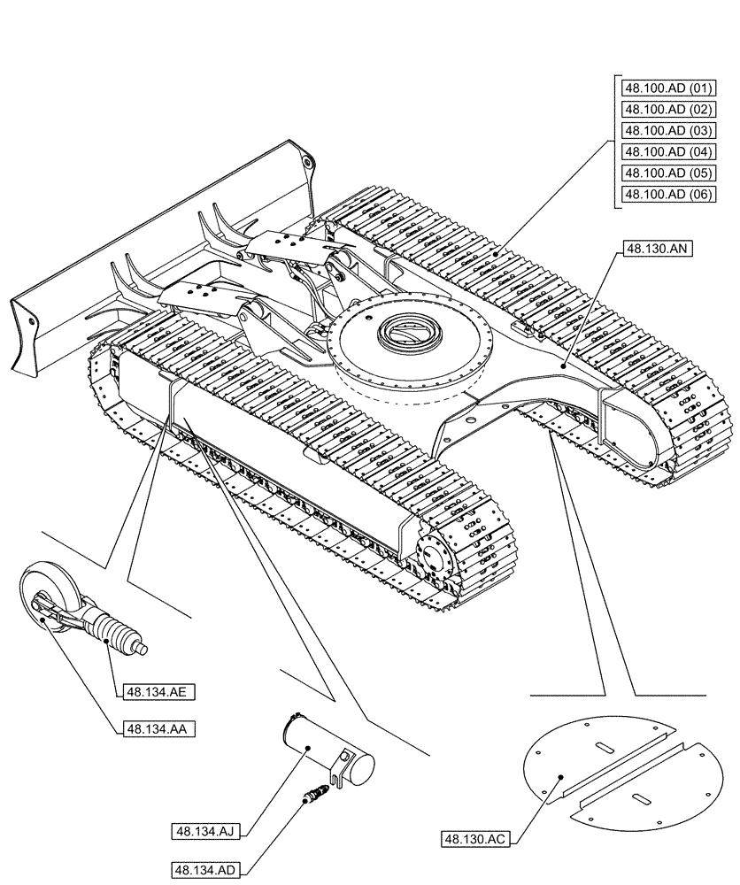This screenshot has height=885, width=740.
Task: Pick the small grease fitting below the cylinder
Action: pos(312,796)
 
